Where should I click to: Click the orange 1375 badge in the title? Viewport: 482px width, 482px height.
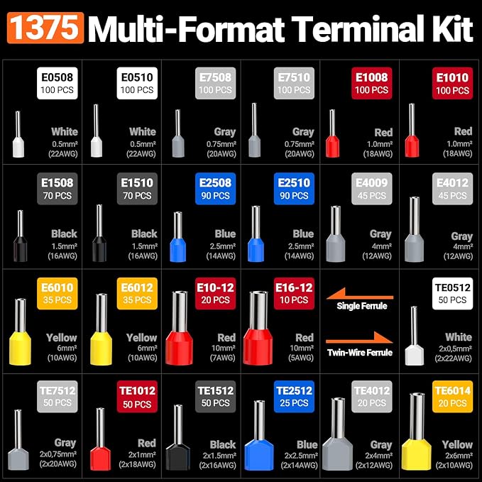(x=45, y=28)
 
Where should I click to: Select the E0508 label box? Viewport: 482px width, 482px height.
(x=57, y=83)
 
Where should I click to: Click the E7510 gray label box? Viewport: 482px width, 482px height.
(x=294, y=83)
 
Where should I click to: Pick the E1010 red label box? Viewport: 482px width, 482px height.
(x=452, y=83)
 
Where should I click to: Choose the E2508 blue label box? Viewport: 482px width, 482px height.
(x=216, y=188)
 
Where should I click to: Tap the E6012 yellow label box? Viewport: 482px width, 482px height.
(x=137, y=294)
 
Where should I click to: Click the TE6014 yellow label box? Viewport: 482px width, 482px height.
(x=452, y=397)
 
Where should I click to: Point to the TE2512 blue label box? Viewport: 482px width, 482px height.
(x=294, y=397)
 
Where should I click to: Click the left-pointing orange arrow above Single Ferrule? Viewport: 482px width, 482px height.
(x=360, y=295)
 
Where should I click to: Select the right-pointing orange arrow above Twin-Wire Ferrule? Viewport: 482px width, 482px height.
(x=359, y=338)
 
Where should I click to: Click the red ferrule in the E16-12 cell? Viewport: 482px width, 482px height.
(x=258, y=328)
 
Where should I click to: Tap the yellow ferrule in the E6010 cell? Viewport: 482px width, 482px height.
(x=21, y=332)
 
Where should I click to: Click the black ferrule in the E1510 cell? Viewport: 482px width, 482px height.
(x=99, y=233)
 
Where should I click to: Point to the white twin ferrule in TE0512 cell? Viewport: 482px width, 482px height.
(x=415, y=336)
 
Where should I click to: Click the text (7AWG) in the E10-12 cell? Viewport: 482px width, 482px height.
(x=223, y=358)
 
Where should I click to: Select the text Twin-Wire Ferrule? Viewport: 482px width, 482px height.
(x=360, y=353)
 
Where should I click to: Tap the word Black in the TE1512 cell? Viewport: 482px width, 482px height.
(x=223, y=444)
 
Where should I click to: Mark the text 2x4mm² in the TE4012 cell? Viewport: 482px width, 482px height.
(x=378, y=455)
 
